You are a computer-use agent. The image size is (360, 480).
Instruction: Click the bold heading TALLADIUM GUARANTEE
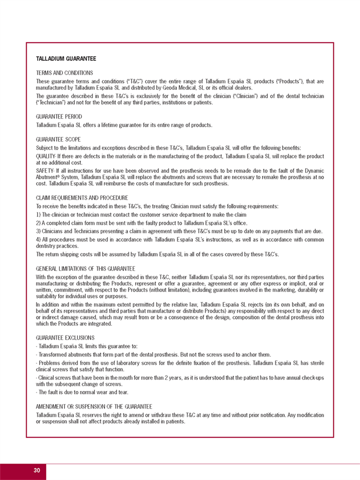66,59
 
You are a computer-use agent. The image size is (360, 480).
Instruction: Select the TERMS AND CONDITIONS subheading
64,73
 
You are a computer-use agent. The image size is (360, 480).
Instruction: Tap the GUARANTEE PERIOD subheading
59,117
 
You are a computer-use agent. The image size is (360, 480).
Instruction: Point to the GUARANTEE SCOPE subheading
58,139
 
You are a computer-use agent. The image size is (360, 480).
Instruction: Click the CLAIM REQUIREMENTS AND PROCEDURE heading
82,198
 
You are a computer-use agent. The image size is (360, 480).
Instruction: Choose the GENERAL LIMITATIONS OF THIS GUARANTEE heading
85,269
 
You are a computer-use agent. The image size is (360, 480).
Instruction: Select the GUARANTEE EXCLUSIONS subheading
65,337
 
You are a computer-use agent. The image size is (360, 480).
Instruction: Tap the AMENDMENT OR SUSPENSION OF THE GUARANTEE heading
94,406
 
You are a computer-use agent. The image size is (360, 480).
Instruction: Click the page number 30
37,471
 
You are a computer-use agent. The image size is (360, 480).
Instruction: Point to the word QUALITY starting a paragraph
45,156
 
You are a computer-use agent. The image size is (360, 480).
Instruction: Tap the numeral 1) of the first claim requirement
38,215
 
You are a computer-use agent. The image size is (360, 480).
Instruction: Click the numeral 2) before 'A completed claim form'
38,223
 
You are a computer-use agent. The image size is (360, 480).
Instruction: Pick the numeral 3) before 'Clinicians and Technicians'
38,231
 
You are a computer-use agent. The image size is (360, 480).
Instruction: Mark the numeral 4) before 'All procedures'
38,239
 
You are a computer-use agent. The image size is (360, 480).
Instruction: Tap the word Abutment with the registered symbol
48,177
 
